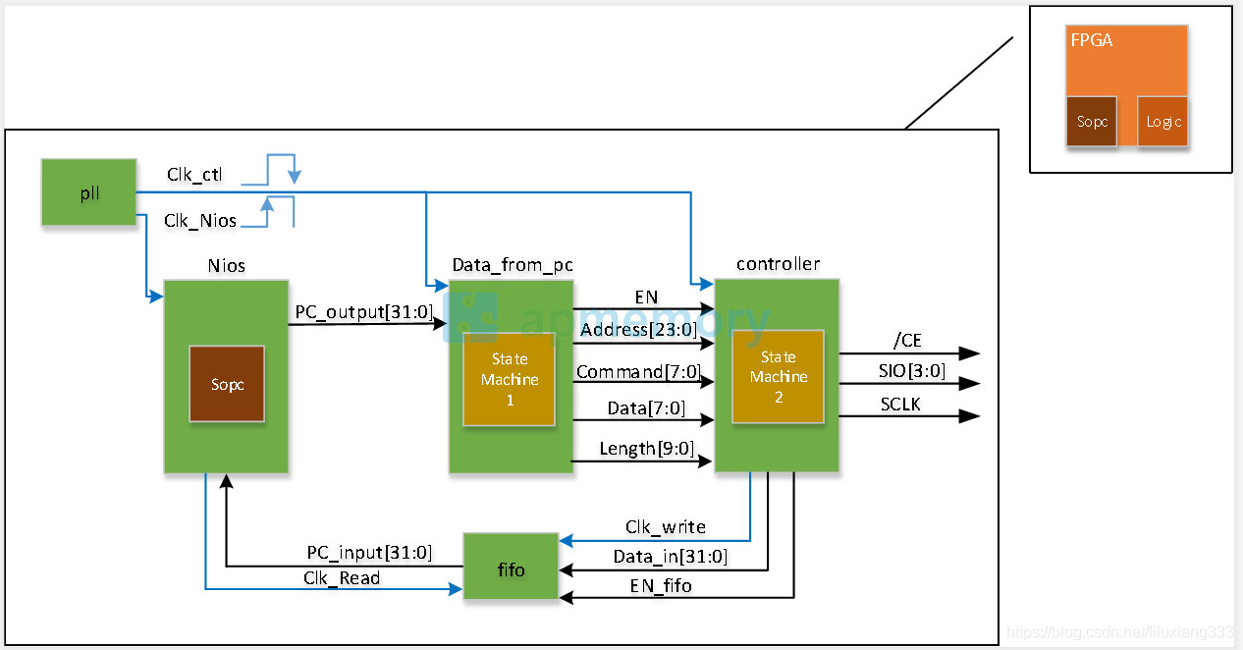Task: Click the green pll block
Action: click(88, 192)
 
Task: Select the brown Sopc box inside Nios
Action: click(227, 384)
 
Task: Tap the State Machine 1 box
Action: click(510, 379)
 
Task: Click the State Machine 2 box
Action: click(778, 377)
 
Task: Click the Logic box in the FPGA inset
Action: click(1162, 122)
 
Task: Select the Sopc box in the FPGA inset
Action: click(1091, 122)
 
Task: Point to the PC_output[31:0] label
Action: click(363, 311)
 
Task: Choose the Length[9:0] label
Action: click(647, 449)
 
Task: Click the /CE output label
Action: click(906, 341)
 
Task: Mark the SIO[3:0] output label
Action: click(912, 370)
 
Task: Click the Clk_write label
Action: click(665, 527)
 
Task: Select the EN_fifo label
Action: click(660, 586)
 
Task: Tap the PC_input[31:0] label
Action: click(369, 553)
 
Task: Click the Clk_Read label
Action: click(341, 578)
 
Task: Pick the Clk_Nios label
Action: click(200, 221)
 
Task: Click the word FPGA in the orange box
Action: click(1091, 41)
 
